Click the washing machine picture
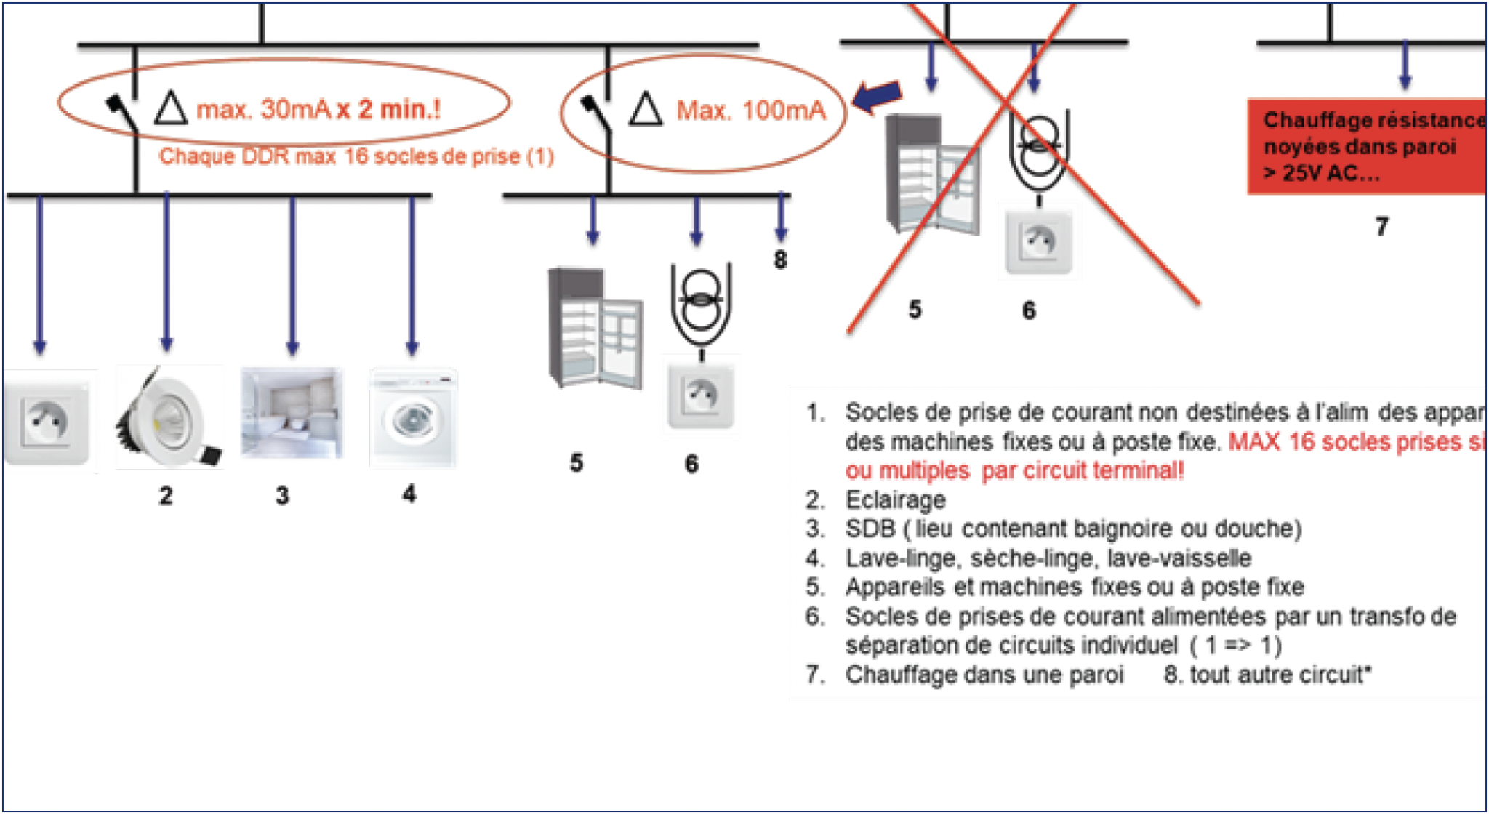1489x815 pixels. pos(413,419)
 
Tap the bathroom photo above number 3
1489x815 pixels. pos(292,413)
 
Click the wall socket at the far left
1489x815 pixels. pos(47,420)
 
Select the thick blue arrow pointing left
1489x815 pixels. pos(877,96)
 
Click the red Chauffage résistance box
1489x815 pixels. pos(1367,146)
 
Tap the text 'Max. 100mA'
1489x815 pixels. pos(751,111)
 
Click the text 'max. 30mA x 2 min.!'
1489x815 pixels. pos(318,109)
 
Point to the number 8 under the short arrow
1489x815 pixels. pos(780,260)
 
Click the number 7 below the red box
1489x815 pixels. pos(1381,227)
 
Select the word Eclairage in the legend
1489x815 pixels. pos(895,500)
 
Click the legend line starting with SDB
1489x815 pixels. pos(1072,529)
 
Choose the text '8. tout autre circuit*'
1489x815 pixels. pos(1267,675)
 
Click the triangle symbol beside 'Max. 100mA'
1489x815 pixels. pos(645,110)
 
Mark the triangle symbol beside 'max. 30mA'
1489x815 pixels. pos(171,109)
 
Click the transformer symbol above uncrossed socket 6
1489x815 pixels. pos(701,305)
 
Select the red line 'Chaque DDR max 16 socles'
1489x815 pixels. pos(356,156)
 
